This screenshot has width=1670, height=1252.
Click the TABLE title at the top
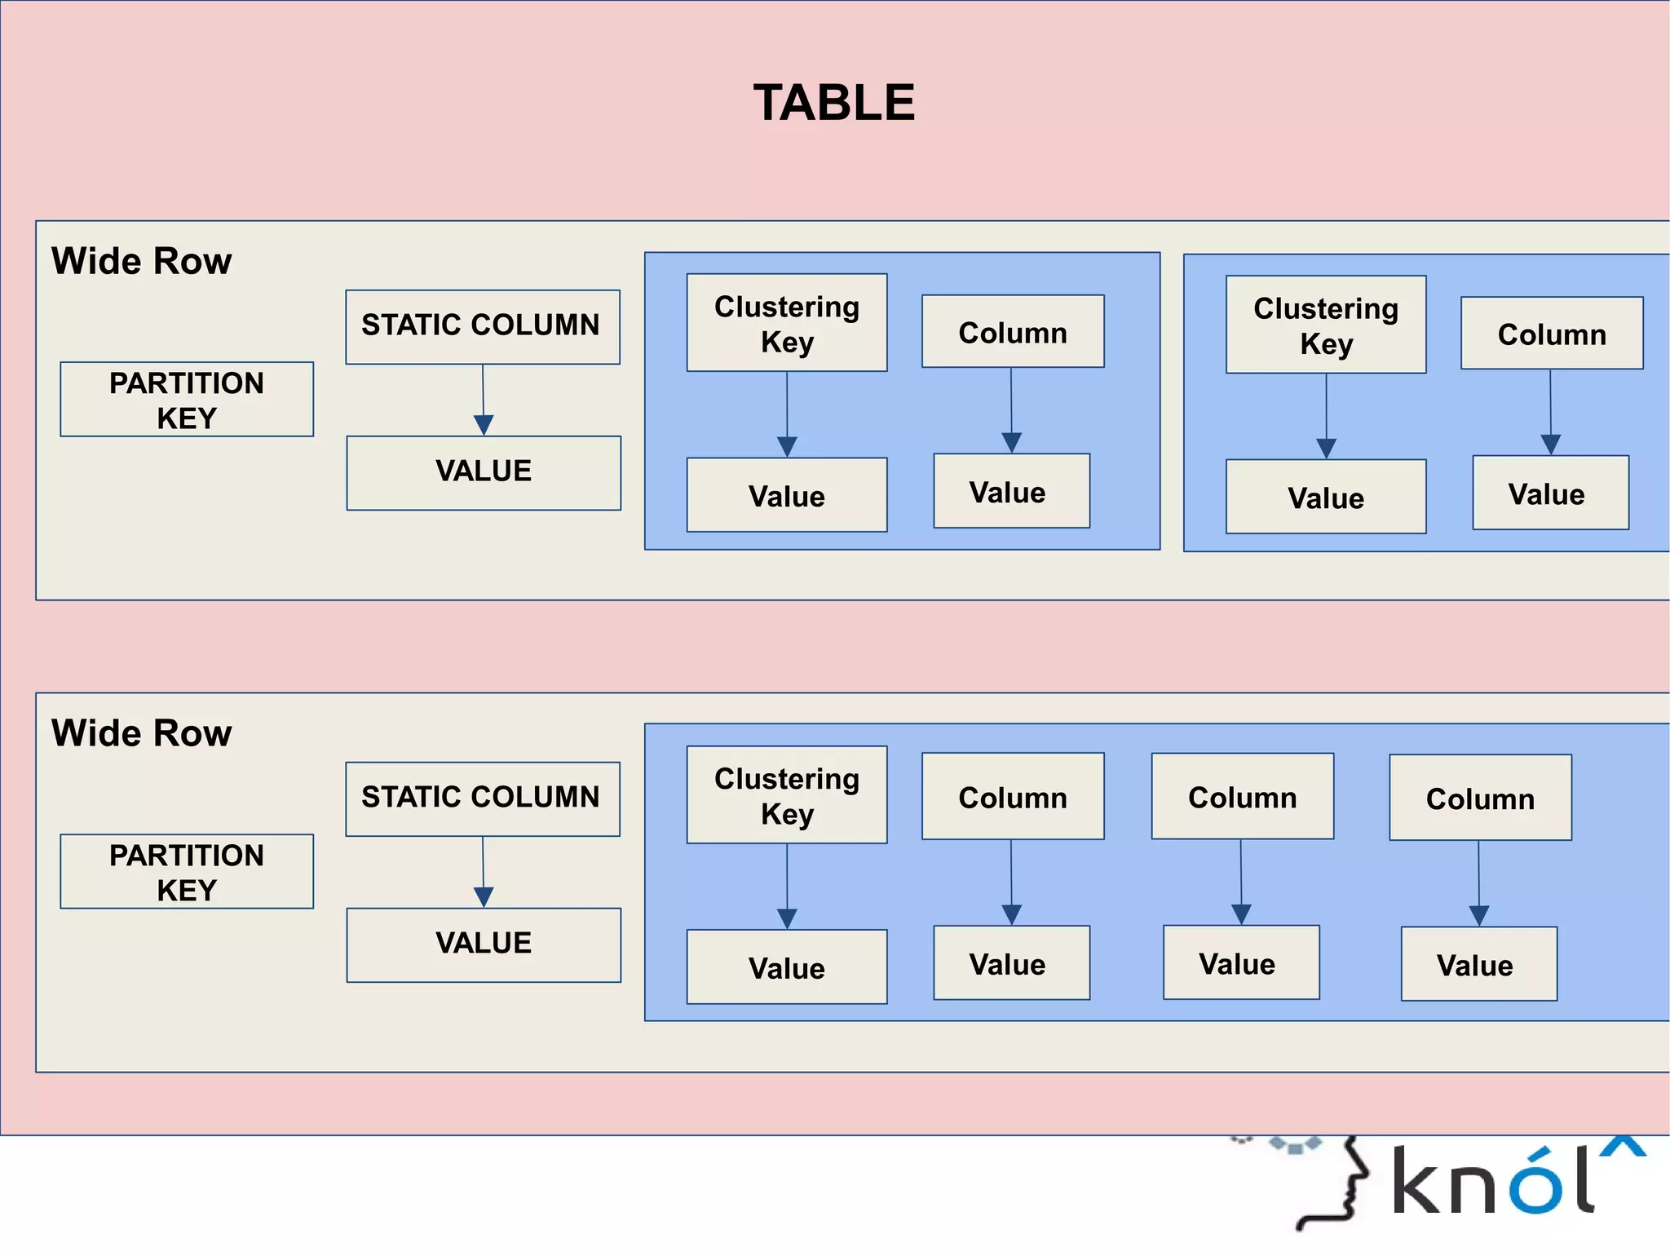click(x=833, y=103)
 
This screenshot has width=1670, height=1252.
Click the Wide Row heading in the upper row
click(x=141, y=262)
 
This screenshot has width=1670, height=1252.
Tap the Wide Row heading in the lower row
click(x=141, y=733)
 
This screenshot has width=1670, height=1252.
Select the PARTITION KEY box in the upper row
click(x=187, y=400)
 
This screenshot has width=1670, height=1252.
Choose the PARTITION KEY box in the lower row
click(x=187, y=871)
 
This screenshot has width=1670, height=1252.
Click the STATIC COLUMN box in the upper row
click(x=482, y=326)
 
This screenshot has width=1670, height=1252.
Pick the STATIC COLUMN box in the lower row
click(x=482, y=799)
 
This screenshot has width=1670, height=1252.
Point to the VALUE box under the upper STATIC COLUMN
click(x=484, y=472)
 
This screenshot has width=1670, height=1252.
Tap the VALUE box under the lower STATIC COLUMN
click(x=484, y=945)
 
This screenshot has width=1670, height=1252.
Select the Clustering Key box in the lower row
click(x=787, y=795)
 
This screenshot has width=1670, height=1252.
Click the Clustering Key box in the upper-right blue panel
click(x=1326, y=325)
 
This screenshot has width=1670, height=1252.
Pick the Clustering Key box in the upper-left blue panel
click(x=787, y=323)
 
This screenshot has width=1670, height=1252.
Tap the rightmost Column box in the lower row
click(x=1480, y=798)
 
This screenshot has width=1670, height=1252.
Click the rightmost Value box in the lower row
click(x=1478, y=964)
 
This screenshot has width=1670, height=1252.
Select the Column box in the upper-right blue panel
click(x=1552, y=334)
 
